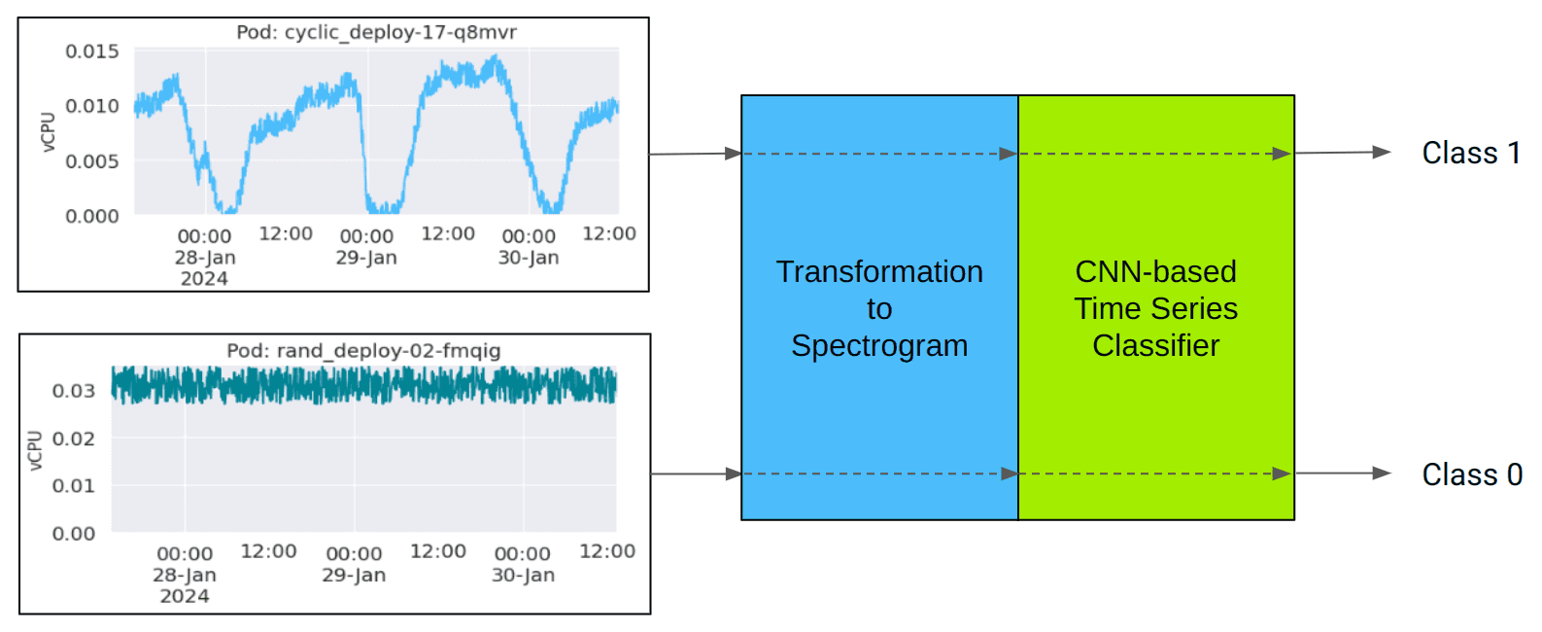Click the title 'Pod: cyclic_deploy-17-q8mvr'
click(x=376, y=32)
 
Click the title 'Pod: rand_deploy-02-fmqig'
click(x=363, y=350)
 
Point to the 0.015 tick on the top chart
click(x=92, y=51)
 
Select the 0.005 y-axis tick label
click(x=92, y=160)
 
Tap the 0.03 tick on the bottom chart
click(x=74, y=391)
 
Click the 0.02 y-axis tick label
click(x=74, y=439)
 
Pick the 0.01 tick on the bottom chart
click(x=74, y=485)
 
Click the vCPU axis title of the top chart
click(x=48, y=131)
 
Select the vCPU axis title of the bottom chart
click(x=35, y=450)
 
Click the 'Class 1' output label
click(x=1471, y=153)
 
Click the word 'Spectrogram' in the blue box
click(x=879, y=345)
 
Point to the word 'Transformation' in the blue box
click(x=879, y=271)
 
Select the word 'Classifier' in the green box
click(x=1155, y=345)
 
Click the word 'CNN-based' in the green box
click(x=1155, y=271)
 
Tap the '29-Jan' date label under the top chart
click(x=366, y=258)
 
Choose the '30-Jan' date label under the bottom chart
click(x=523, y=575)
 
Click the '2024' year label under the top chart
click(x=204, y=279)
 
